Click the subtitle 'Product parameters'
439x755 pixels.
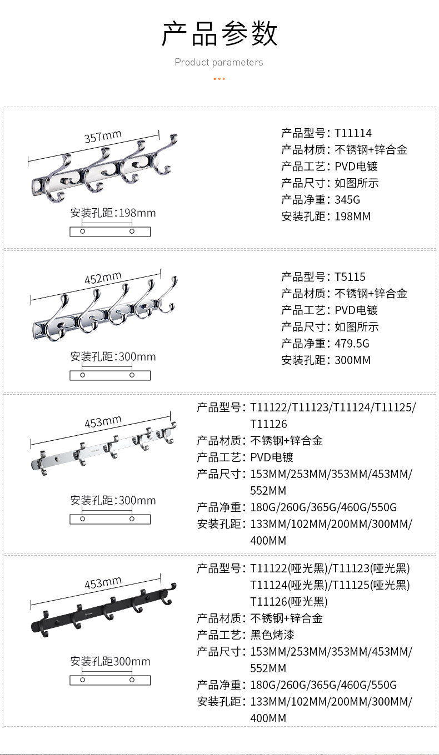(x=219, y=62)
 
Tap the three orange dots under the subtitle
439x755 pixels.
(x=219, y=79)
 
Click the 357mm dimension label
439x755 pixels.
(x=103, y=136)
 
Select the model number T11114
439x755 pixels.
(x=353, y=133)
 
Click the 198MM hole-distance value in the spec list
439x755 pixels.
(x=352, y=217)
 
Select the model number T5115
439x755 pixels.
(x=350, y=277)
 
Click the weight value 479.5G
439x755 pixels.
(x=352, y=344)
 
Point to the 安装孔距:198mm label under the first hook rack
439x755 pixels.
(x=113, y=213)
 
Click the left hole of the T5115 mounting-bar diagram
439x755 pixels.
(x=83, y=375)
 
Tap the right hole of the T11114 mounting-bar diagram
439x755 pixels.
(x=132, y=231)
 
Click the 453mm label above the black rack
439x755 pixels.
(x=103, y=583)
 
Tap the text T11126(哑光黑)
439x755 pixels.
(x=289, y=602)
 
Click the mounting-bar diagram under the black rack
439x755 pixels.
(x=110, y=681)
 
